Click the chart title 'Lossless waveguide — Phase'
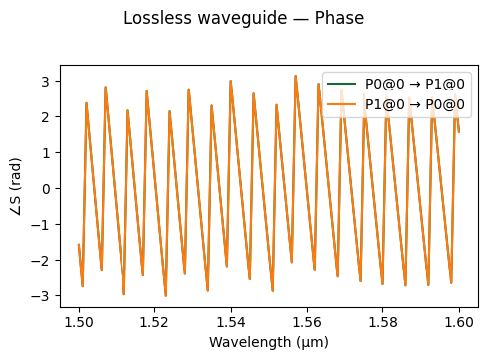[243, 18]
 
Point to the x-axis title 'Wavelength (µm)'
[268, 342]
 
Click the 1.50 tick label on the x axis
[79, 322]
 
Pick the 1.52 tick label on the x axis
[154, 322]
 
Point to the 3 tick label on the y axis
[45, 81]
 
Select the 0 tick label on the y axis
[45, 188]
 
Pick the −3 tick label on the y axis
[41, 296]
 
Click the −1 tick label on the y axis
[41, 225]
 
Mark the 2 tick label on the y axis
[45, 116]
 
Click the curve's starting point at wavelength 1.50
[79, 245]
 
